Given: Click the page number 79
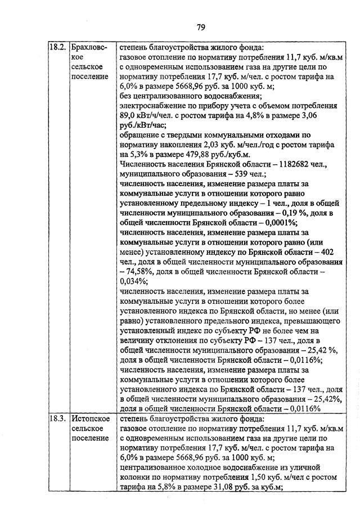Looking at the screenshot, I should tap(201, 26).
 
